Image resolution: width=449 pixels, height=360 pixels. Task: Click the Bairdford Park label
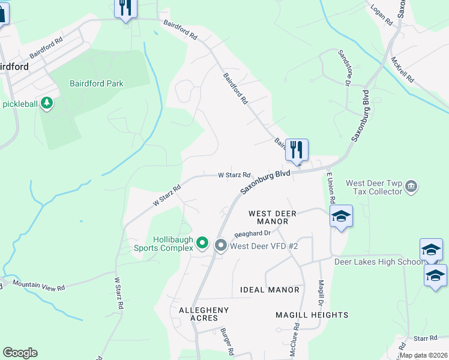[96, 83]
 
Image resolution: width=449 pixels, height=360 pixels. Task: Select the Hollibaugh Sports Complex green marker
[202, 243]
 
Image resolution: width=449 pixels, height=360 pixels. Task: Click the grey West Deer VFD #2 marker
[220, 245]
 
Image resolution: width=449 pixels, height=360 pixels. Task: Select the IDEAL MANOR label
[270, 290]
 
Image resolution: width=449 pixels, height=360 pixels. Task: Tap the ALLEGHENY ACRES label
[203, 314]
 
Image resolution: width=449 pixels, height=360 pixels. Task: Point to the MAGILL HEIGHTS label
[312, 315]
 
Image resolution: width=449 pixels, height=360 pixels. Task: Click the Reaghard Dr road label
[253, 233]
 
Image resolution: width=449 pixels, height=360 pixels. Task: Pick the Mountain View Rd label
[38, 286]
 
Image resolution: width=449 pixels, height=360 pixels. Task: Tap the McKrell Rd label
[402, 70]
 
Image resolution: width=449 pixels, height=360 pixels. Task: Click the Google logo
[20, 353]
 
